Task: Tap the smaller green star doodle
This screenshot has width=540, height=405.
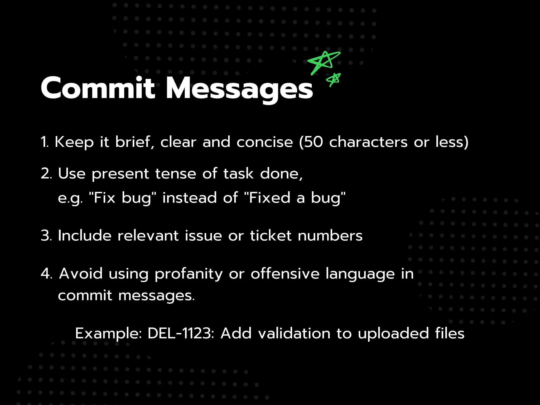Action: pyautogui.click(x=333, y=79)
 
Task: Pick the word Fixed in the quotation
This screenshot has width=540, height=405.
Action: pyautogui.click(x=269, y=198)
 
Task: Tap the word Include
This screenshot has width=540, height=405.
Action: pyautogui.click(x=85, y=235)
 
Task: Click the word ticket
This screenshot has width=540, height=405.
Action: pyautogui.click(x=271, y=235)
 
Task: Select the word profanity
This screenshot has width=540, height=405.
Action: pyautogui.click(x=189, y=274)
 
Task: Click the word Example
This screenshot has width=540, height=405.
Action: pyautogui.click(x=109, y=334)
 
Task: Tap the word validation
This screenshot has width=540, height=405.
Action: pyautogui.click(x=294, y=333)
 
